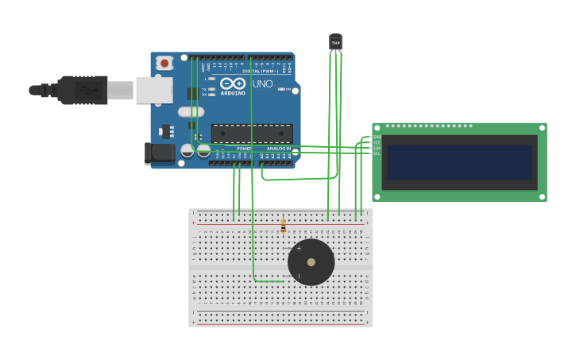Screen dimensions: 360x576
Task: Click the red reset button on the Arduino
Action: pyautogui.click(x=164, y=63)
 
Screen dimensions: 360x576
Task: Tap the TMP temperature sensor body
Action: pyautogui.click(x=335, y=42)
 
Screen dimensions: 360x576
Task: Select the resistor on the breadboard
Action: pyautogui.click(x=283, y=226)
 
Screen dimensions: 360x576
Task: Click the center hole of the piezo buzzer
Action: pyautogui.click(x=311, y=262)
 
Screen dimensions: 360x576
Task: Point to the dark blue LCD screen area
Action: pyautogui.click(x=459, y=162)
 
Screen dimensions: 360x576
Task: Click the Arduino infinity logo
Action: pyautogui.click(x=233, y=83)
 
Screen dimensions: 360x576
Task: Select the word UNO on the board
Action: pyautogui.click(x=262, y=84)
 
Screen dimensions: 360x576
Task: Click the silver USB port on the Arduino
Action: pyautogui.click(x=154, y=90)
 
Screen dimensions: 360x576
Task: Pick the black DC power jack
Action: pyautogui.click(x=160, y=153)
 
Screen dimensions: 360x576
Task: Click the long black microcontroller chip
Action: pyautogui.click(x=252, y=134)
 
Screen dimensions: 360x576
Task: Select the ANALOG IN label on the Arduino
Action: pyautogui.click(x=278, y=149)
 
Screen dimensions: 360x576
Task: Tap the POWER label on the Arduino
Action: pyautogui.click(x=244, y=149)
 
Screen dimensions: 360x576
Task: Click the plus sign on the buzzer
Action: pyautogui.click(x=299, y=249)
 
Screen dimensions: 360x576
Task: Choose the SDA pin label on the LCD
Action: pyautogui.click(x=377, y=148)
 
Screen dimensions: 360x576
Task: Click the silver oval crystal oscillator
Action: pyautogui.click(x=191, y=112)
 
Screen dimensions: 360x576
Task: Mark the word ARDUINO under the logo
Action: pyautogui.click(x=233, y=92)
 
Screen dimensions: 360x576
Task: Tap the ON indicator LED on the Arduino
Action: pyautogui.click(x=282, y=89)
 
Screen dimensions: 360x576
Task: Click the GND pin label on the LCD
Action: pyautogui.click(x=377, y=137)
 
